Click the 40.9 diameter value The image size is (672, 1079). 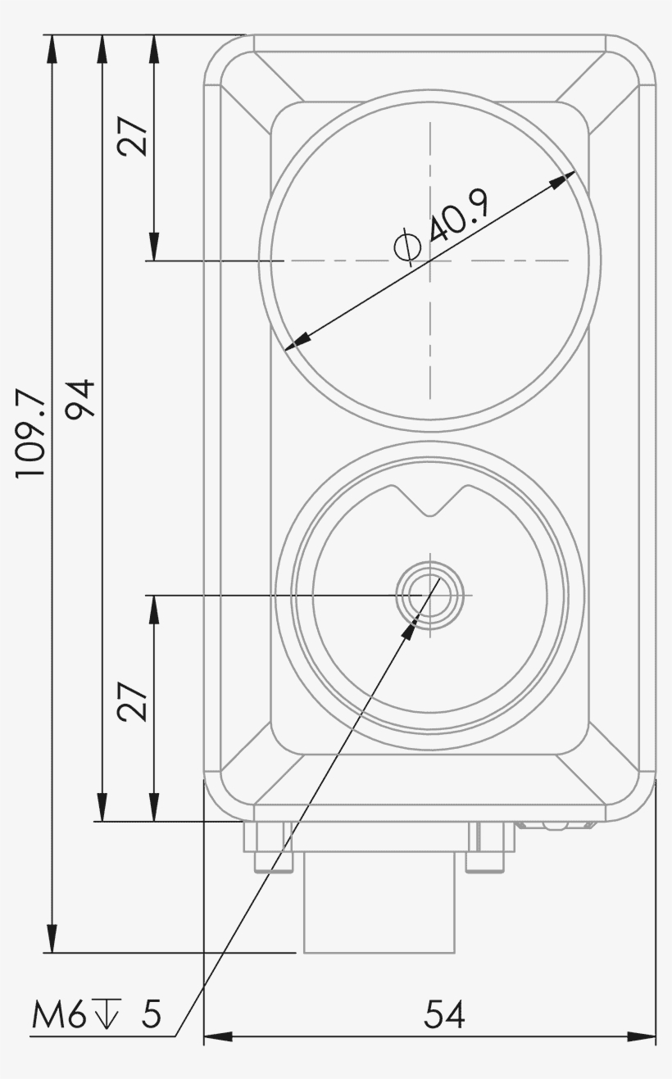tap(458, 215)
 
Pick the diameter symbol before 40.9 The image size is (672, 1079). tap(407, 247)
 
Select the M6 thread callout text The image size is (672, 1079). tap(58, 1016)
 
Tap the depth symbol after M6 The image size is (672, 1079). tap(106, 1014)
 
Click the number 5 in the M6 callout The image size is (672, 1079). tap(152, 1016)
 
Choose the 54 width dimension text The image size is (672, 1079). tap(444, 1015)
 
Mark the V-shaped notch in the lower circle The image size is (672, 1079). tap(429, 501)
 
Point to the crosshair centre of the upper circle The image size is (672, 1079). tap(429, 261)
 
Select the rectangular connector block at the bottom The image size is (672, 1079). tap(379, 901)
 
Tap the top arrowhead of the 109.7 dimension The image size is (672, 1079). tap(52, 48)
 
